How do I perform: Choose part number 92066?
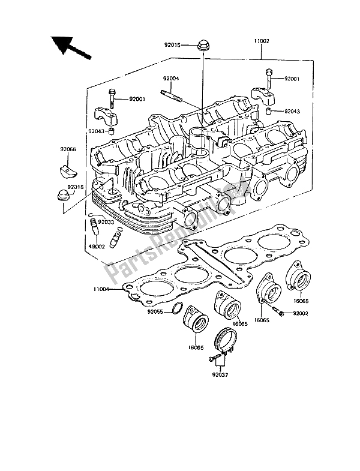click(67, 148)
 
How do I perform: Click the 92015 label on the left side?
click(76, 188)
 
